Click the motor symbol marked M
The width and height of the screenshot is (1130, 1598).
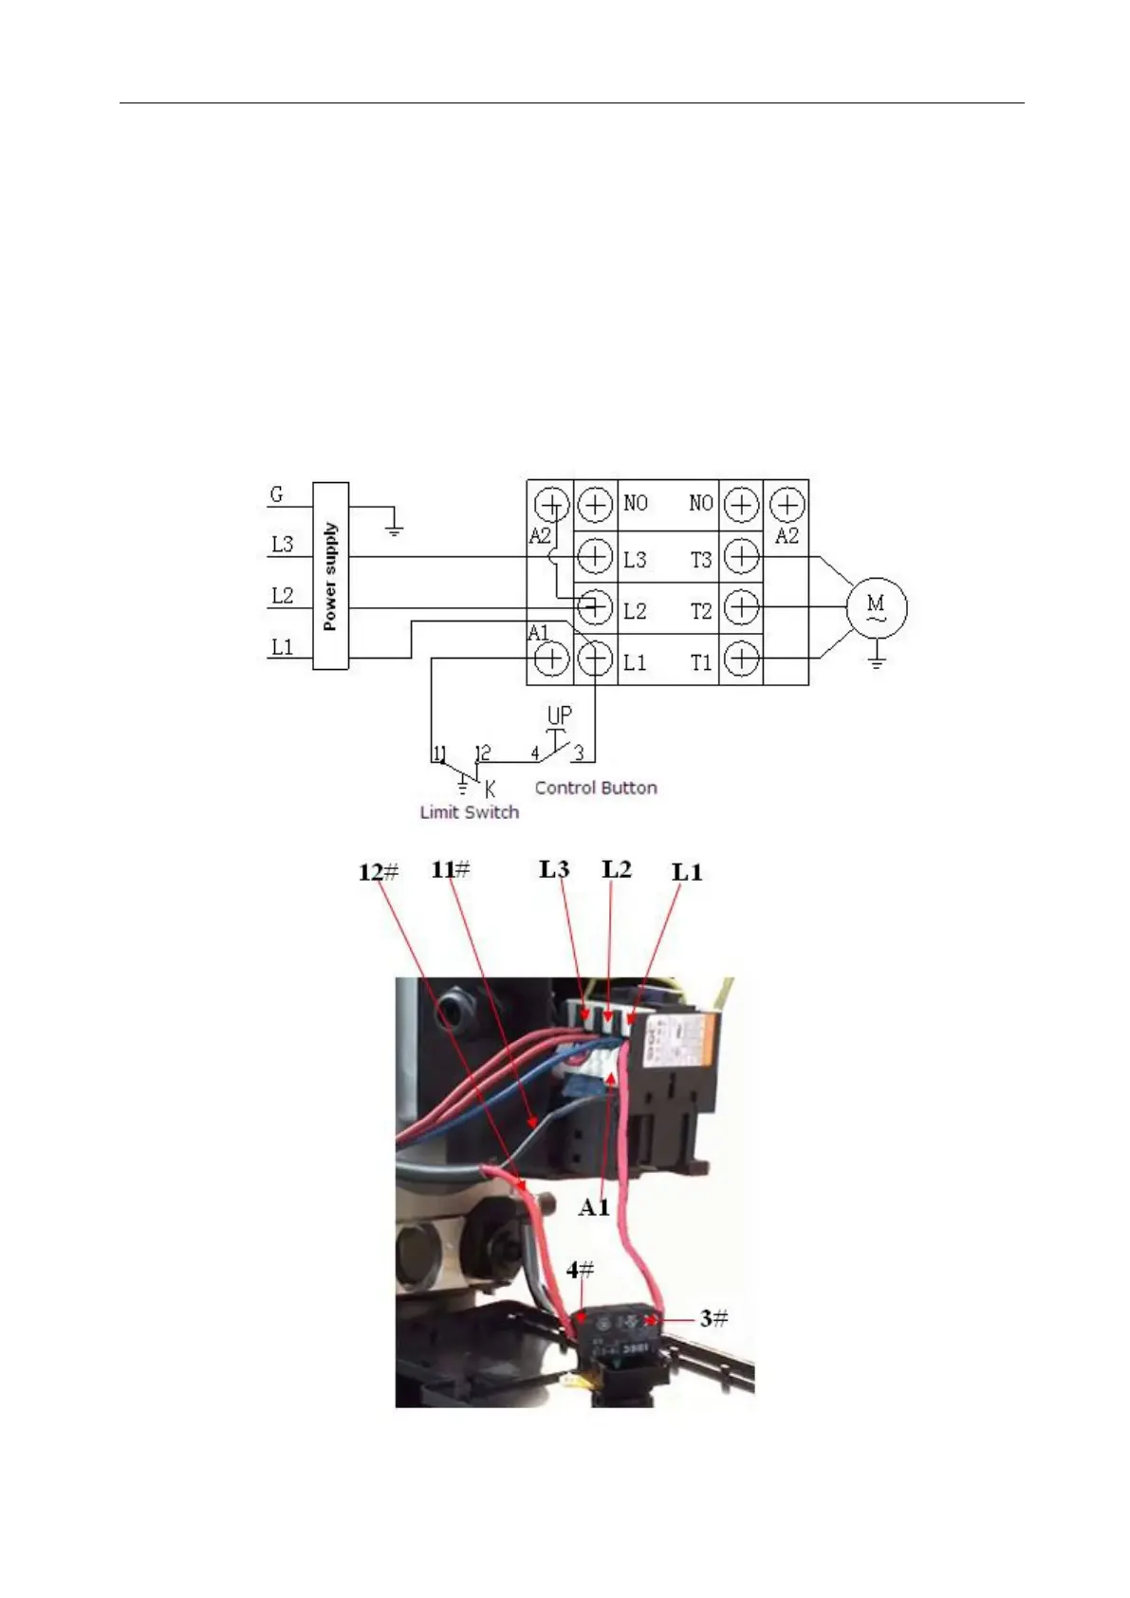875,607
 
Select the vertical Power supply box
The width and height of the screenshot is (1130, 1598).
330,576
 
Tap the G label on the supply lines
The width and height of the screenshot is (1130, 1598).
276,494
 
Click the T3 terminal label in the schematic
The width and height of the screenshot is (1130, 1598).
700,560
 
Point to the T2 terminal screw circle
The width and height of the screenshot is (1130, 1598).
741,607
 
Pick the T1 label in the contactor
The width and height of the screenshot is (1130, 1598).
700,663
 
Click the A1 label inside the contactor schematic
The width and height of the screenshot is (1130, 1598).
538,633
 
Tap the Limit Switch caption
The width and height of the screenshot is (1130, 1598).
469,812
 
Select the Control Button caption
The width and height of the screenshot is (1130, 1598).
596,788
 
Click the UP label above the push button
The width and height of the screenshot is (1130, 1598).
560,715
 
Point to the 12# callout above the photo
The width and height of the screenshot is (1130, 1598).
379,871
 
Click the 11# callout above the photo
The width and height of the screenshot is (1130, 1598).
451,868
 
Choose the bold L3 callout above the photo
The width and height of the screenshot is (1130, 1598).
555,868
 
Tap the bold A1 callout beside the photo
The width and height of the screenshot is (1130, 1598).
594,1207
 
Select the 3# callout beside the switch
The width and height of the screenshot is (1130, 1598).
714,1318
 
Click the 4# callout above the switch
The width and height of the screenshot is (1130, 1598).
581,1269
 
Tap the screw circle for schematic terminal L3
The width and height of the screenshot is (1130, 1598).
595,556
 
